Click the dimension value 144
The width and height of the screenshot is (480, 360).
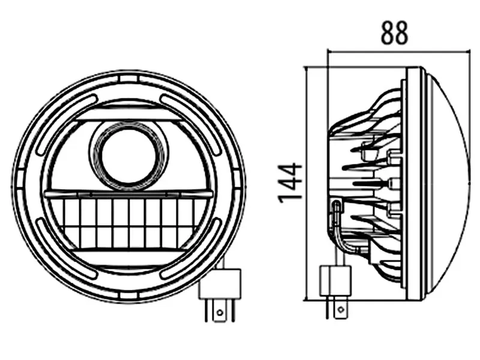[x=290, y=182]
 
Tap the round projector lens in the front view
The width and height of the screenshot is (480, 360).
[x=127, y=155]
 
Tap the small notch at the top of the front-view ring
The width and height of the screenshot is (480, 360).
[x=128, y=78]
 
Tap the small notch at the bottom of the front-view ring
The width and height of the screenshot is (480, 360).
[x=128, y=296]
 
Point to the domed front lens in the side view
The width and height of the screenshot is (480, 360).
[x=450, y=180]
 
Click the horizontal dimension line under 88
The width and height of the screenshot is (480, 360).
[x=396, y=52]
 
